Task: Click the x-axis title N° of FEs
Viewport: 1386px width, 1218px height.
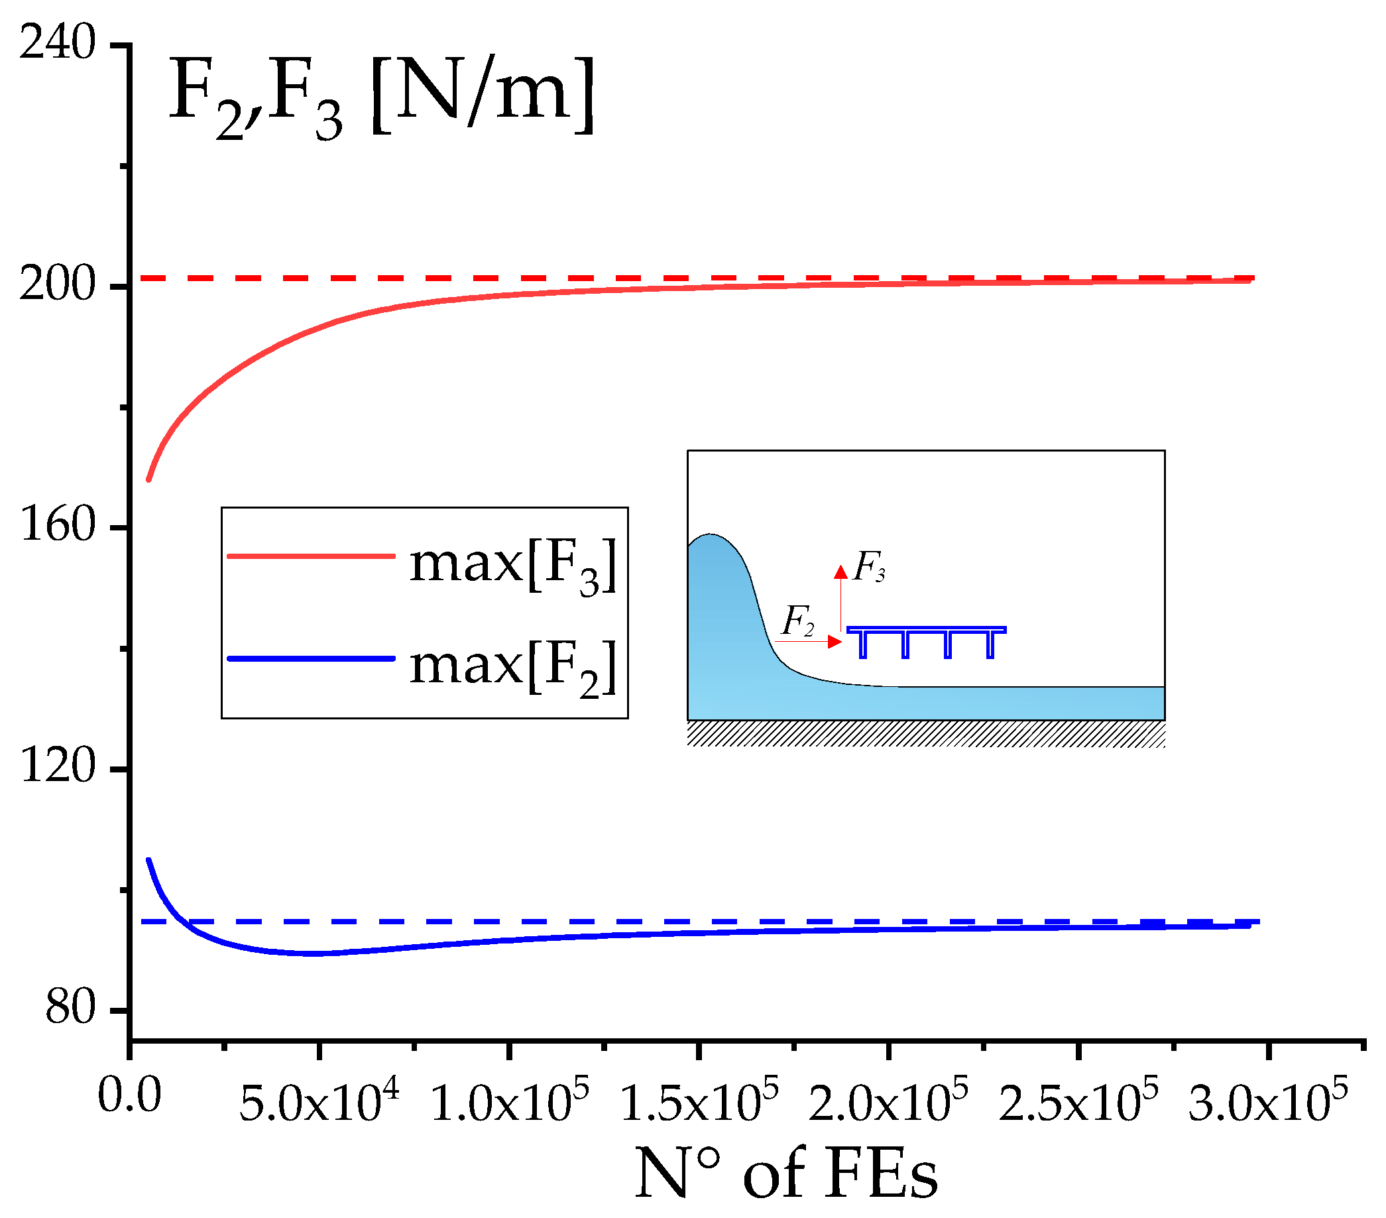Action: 787,1173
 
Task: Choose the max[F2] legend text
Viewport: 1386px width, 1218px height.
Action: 513,666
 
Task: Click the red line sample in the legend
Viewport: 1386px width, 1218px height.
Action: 312,556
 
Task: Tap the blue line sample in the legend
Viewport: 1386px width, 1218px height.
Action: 312,658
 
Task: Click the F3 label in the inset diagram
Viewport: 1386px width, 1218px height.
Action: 868,567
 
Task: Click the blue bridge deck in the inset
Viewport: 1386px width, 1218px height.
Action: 927,640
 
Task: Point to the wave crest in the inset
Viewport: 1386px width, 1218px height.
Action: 710,535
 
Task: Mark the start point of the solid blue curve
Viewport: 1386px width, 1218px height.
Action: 148,861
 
